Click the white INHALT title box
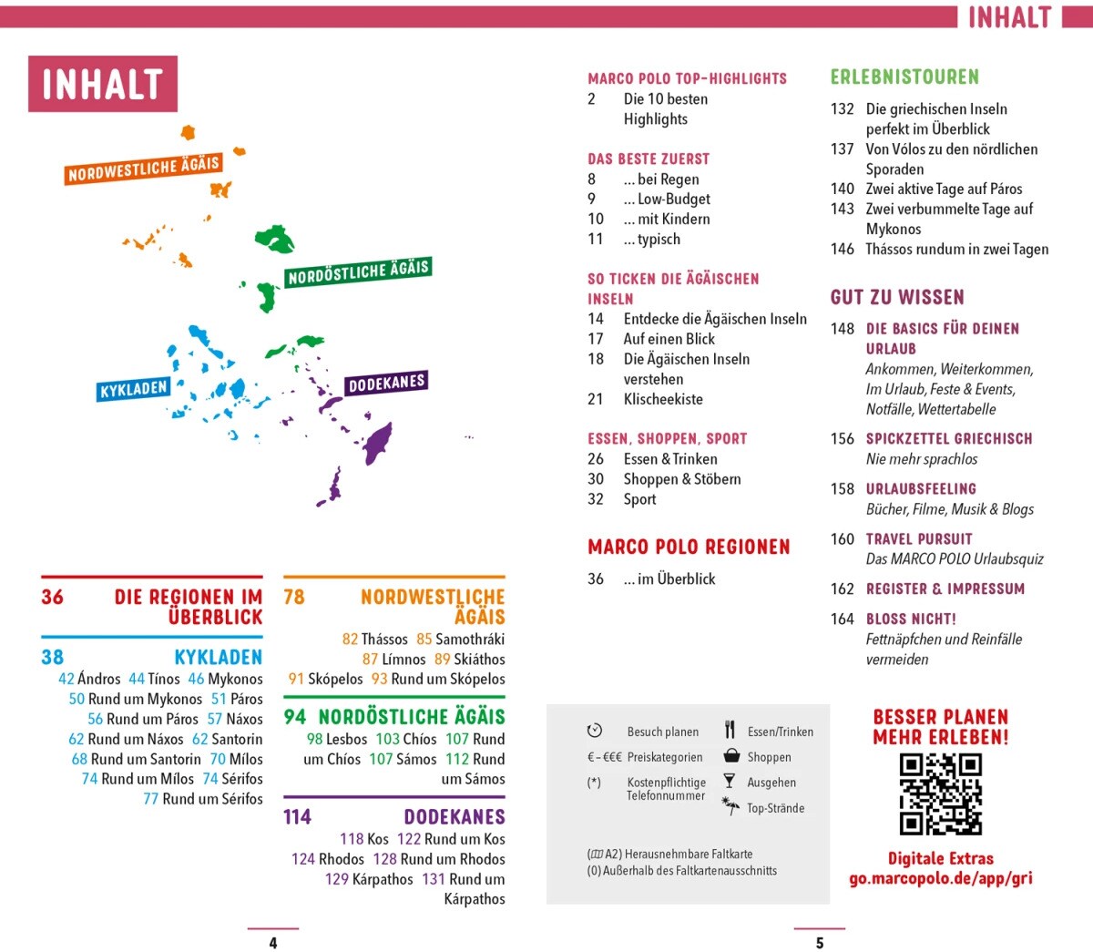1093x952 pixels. click(x=103, y=84)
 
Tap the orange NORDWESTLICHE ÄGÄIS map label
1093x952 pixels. click(x=144, y=169)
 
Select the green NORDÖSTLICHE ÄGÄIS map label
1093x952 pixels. click(x=358, y=271)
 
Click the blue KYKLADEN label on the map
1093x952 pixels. click(x=134, y=389)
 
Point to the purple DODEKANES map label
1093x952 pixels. click(x=386, y=384)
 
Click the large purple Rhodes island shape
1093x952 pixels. click(x=376, y=443)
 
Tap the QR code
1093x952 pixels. click(x=940, y=793)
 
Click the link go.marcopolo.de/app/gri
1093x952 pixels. click(x=940, y=879)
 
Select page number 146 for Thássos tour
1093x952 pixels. click(x=842, y=249)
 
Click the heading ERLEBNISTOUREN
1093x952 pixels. click(x=904, y=77)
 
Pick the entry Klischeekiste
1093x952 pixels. click(x=663, y=399)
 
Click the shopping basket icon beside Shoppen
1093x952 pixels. click(x=730, y=756)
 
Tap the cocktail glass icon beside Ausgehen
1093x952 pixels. click(x=729, y=781)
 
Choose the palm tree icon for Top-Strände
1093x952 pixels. click(x=730, y=805)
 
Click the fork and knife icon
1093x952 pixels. click(x=730, y=730)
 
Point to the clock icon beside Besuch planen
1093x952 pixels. click(x=595, y=731)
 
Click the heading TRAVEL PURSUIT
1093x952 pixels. click(x=919, y=538)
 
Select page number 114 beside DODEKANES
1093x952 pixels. click(x=297, y=816)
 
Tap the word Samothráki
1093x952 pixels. click(x=470, y=640)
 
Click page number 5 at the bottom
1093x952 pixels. click(x=820, y=943)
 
